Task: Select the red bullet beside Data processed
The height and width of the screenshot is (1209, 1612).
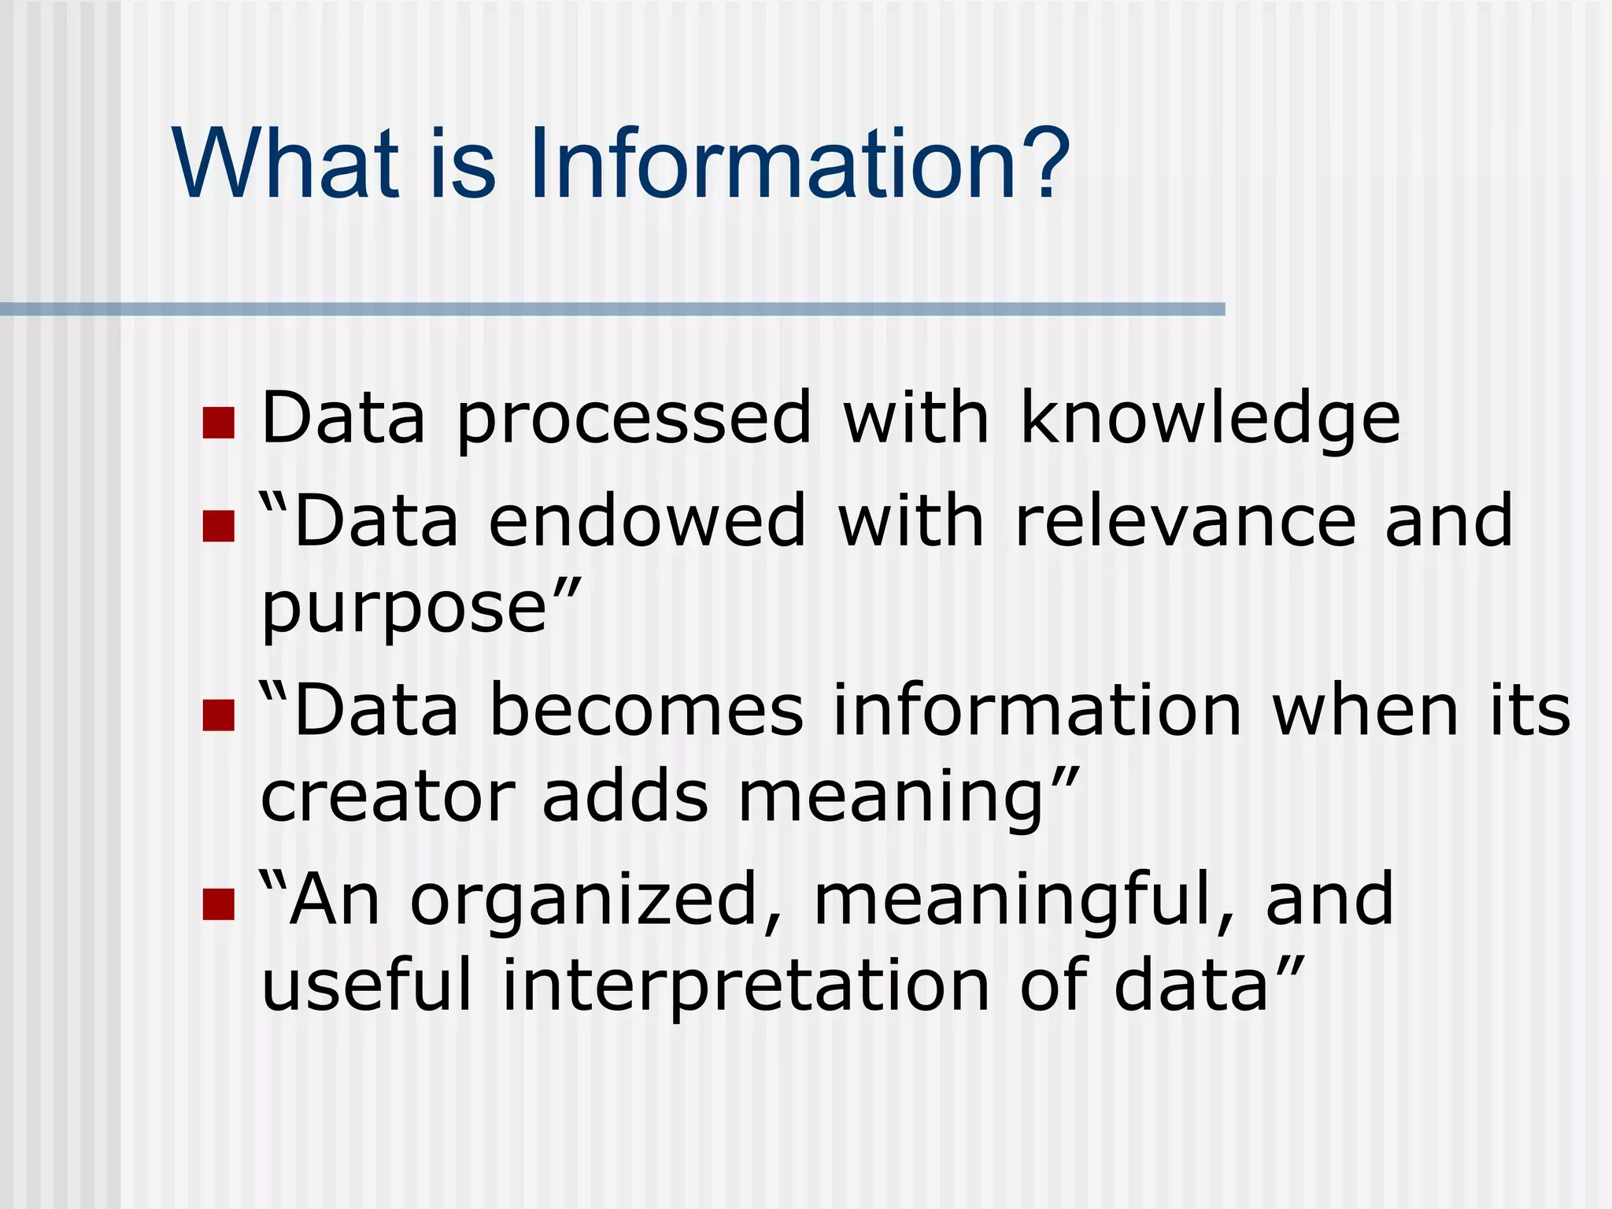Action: (219, 423)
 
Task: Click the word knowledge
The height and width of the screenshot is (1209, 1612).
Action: (1210, 419)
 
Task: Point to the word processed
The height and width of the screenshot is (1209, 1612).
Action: (634, 419)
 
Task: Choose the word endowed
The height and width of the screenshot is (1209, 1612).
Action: (647, 520)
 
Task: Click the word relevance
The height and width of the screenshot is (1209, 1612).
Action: (1185, 520)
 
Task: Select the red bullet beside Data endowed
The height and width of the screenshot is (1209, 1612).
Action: (219, 526)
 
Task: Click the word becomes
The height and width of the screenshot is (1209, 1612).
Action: (646, 710)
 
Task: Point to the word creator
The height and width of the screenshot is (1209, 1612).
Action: (387, 797)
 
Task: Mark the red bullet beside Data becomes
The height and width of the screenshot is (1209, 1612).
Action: (219, 715)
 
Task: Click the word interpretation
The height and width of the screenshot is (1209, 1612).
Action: (745, 986)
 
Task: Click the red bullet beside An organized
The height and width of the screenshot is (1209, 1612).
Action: (219, 904)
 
